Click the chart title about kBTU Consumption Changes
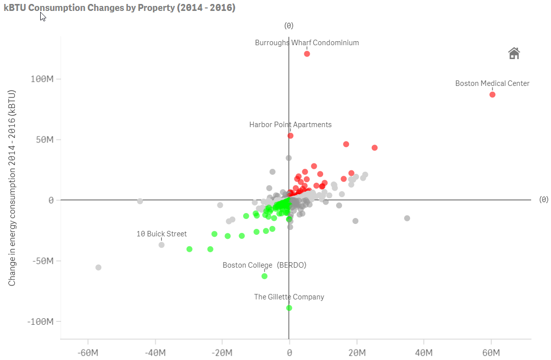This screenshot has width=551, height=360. point(119,7)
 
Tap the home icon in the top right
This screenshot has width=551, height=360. point(514,53)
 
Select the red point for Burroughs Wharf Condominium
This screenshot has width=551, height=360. point(307,54)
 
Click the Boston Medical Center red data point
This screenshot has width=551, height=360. point(492,94)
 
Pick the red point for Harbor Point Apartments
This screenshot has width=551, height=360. point(290,136)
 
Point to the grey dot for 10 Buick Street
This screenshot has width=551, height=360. point(161,245)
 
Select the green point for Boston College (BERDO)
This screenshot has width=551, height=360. point(265,276)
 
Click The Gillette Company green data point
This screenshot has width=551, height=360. point(289,308)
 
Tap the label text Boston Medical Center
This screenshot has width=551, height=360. point(492,83)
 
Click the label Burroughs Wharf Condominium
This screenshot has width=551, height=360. point(307,43)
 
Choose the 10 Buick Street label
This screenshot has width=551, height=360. point(161,234)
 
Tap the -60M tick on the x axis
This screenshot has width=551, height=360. point(88,353)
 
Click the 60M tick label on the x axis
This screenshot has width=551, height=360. point(491,353)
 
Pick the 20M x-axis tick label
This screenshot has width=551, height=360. point(356,353)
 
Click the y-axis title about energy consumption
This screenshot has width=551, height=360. point(11,188)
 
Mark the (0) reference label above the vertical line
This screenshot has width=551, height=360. point(289,26)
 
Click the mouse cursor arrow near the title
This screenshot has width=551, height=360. point(43,16)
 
